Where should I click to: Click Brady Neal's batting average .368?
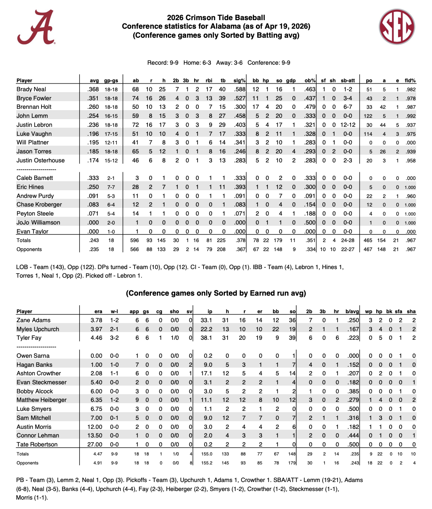tap(93, 89)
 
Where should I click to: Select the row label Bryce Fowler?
tap(34, 98)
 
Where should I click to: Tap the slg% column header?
tap(240, 80)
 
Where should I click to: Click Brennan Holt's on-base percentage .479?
tap(310, 107)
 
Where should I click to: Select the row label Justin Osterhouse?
tap(40, 160)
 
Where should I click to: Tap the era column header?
tap(98, 311)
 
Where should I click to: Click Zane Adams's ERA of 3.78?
tap(96, 320)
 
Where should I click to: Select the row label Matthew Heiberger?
tap(42, 400)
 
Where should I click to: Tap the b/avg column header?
tap(351, 311)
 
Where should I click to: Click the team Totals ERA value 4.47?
tap(98, 453)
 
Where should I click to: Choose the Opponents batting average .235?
tap(94, 249)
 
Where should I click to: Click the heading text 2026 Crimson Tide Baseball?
tap(216, 18)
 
